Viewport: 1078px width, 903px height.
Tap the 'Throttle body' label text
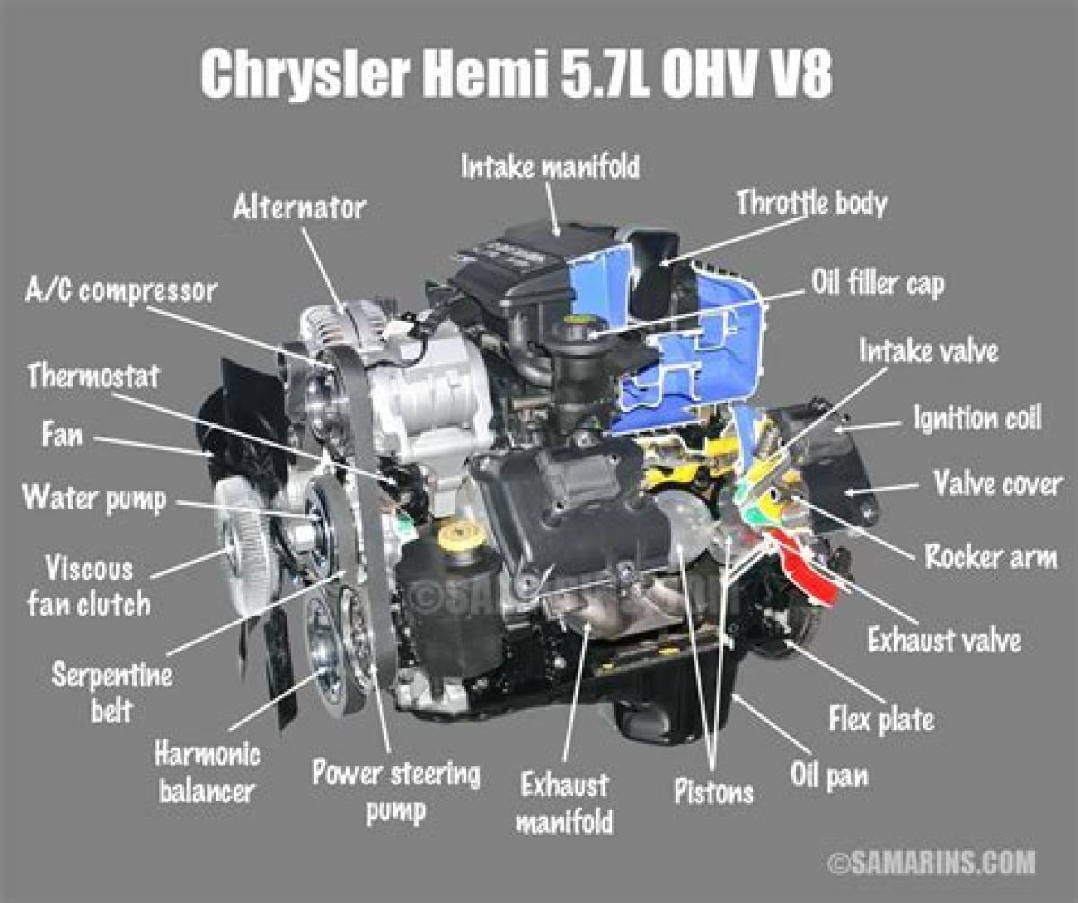click(811, 203)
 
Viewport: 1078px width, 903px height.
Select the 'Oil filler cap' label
click(878, 283)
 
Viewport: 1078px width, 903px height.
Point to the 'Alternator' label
click(299, 208)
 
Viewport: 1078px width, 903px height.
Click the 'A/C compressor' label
click(121, 291)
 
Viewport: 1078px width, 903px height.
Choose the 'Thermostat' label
click(93, 376)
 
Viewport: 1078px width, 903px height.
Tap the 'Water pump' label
click(95, 500)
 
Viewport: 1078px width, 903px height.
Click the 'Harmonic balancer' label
click(207, 773)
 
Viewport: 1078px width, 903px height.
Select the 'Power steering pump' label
click(396, 791)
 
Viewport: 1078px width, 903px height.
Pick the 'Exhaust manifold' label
click(564, 803)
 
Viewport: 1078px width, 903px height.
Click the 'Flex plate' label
click(881, 719)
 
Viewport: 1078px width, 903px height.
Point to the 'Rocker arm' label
click(991, 556)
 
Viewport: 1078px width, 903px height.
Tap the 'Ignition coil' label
click(977, 418)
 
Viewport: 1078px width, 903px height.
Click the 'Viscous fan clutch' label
click(89, 587)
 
